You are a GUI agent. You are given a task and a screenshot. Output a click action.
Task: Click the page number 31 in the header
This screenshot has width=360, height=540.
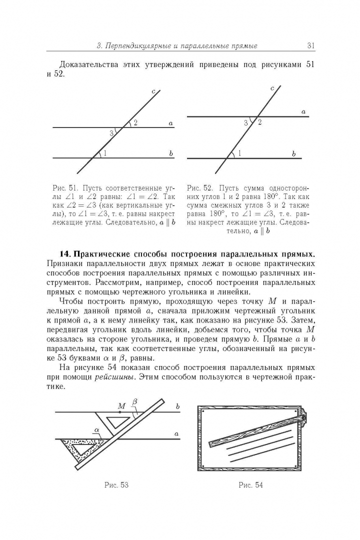point(310,46)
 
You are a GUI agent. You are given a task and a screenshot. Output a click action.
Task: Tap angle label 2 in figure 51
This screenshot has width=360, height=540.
point(135,123)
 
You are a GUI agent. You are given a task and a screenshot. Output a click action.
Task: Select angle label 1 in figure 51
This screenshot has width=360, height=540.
point(105,153)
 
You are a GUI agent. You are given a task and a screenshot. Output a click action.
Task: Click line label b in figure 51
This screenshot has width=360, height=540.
point(170,153)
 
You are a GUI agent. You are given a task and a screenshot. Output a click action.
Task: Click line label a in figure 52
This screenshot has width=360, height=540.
point(303,112)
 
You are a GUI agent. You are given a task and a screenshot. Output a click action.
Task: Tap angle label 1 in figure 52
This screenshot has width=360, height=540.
point(239,153)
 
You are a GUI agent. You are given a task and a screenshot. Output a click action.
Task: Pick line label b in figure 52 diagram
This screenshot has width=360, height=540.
point(293,154)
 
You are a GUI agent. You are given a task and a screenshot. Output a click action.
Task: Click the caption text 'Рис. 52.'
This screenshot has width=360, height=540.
point(199,188)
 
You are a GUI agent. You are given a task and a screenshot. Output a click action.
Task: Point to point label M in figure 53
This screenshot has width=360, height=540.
point(121,406)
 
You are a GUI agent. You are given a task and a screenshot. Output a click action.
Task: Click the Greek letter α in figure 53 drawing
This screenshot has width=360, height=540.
point(96,429)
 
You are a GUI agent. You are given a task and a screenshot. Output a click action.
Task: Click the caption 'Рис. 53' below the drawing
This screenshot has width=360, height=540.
point(116,485)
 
